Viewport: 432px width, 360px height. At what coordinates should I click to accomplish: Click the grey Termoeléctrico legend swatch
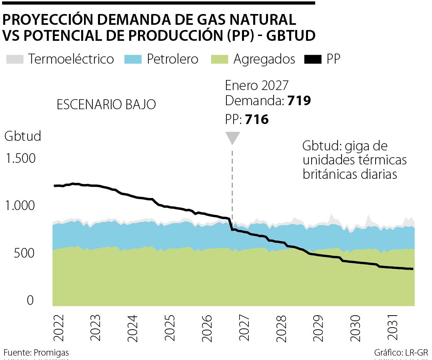(15, 59)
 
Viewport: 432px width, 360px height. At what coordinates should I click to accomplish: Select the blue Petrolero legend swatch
(134, 59)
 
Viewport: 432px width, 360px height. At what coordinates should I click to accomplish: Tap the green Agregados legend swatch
(220, 59)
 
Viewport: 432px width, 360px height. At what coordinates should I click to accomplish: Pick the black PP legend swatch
(313, 60)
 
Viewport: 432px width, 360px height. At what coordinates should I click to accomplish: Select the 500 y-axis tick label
(24, 253)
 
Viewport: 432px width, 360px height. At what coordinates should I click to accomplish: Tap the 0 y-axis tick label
(31, 300)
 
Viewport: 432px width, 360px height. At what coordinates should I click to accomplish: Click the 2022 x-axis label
(59, 328)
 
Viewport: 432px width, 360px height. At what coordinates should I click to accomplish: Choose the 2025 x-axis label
(170, 328)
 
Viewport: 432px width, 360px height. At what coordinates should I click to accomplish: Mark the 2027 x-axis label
(244, 328)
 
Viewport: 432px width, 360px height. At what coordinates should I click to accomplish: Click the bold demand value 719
(299, 101)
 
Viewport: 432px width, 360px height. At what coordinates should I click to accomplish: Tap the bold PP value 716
(256, 119)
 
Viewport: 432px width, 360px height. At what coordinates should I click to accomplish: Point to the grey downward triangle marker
(233, 138)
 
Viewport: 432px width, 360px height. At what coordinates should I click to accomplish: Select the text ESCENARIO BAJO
(106, 105)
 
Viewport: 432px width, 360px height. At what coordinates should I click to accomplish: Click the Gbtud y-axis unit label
(23, 136)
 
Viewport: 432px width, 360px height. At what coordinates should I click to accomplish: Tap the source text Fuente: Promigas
(36, 352)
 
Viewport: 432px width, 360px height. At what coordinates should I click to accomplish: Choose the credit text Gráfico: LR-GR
(401, 352)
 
